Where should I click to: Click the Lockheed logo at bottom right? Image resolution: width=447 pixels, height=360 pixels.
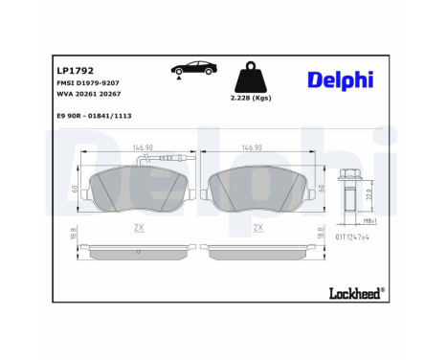click(x=354, y=288)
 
